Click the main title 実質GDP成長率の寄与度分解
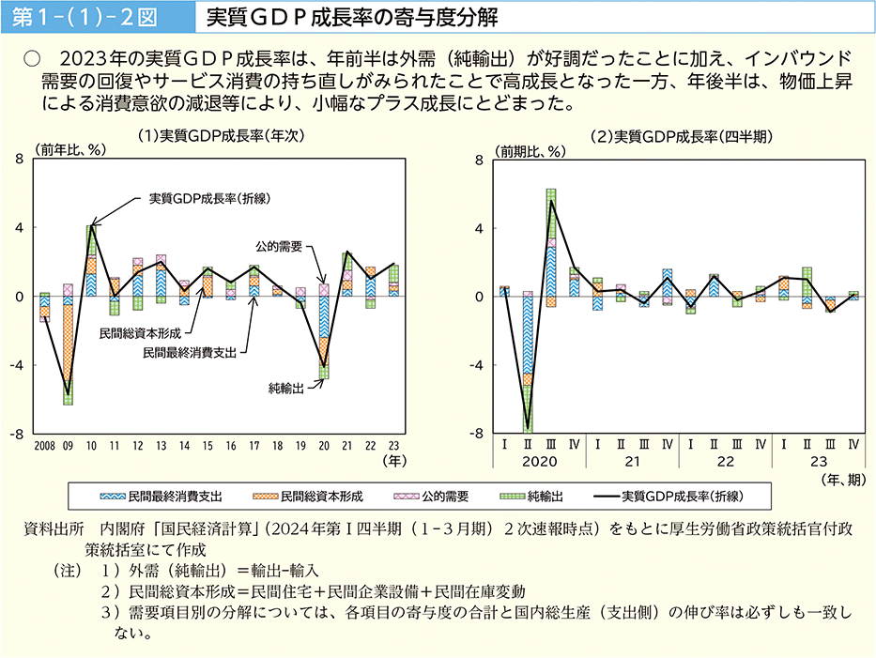point(352,18)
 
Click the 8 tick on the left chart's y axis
point(20,160)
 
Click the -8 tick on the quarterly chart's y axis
point(479,434)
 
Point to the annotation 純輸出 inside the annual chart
point(285,386)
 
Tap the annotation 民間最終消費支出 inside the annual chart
point(189,353)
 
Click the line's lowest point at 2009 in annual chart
point(68,395)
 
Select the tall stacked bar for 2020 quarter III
point(551,248)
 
